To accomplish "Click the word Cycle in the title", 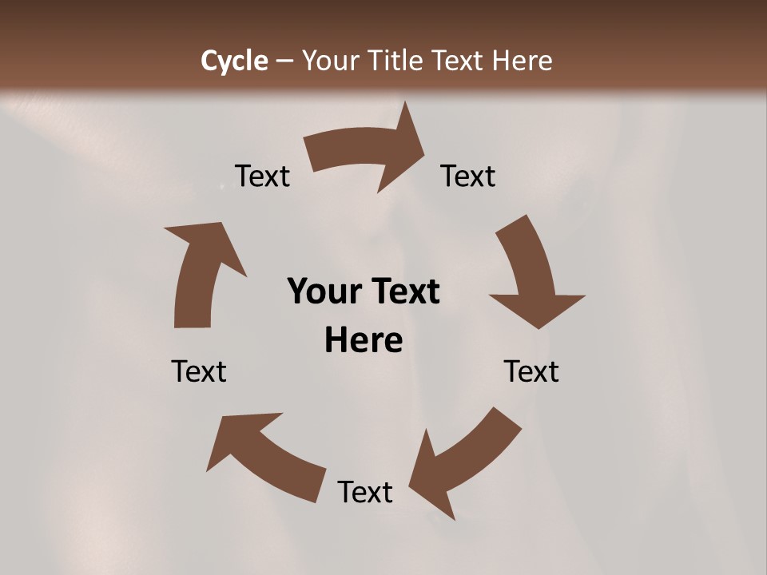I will [234, 61].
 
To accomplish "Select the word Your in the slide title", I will [330, 61].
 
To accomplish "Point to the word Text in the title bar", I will [459, 61].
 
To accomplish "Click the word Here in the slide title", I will [522, 61].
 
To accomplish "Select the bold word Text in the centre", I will [404, 291].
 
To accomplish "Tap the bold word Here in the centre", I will [364, 340].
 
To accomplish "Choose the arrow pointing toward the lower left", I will [463, 463].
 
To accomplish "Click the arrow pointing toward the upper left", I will [264, 455].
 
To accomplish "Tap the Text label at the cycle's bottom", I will [365, 492].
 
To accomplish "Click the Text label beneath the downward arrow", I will [531, 371].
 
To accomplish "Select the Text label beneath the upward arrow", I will [199, 371].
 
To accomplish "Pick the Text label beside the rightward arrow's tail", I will [262, 176].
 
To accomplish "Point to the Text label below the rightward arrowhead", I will [468, 176].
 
